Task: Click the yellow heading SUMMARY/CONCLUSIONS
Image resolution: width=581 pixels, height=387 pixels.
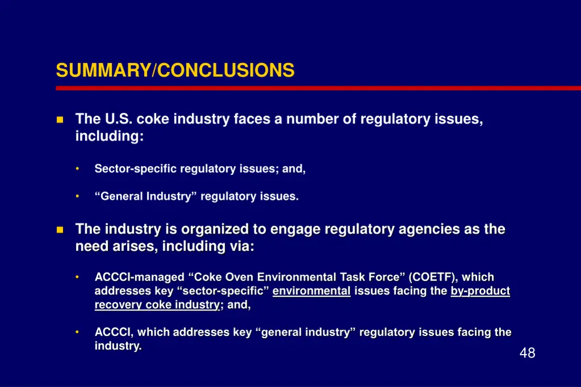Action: pos(175,70)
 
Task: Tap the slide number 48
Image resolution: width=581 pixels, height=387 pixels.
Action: pos(527,353)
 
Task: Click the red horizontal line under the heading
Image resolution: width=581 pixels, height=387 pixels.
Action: pos(318,88)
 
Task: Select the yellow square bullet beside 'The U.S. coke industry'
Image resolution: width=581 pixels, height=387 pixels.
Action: pos(60,120)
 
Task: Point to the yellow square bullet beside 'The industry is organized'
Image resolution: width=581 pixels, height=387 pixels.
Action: pos(60,229)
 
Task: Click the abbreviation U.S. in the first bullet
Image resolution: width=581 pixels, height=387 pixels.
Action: pos(118,119)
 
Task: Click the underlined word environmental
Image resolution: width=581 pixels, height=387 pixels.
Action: pos(311,291)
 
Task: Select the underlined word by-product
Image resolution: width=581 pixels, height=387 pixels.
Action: pos(480,291)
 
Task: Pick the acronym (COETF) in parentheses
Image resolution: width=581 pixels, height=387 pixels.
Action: pos(434,277)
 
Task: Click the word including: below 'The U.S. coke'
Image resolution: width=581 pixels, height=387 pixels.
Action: pos(110,137)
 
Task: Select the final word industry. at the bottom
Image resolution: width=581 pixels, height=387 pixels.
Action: pos(118,346)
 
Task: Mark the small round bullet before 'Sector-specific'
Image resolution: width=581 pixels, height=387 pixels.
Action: pos(77,169)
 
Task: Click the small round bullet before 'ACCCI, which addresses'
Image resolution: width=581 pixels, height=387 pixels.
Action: pos(77,332)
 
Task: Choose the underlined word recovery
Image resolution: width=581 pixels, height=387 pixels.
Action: pos(118,305)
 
